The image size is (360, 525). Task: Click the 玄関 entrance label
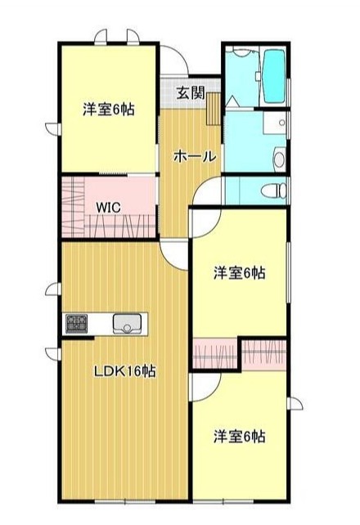[191, 92]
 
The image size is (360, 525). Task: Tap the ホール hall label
[195, 155]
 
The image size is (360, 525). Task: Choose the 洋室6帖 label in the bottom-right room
[240, 435]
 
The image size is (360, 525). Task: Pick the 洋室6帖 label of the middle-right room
[240, 271]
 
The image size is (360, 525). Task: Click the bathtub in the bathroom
[273, 75]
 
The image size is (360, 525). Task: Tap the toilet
[275, 191]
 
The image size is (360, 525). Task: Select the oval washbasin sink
[278, 158]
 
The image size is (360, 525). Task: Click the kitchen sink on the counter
[128, 324]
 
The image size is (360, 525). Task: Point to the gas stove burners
[77, 324]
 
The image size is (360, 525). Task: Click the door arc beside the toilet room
[208, 190]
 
